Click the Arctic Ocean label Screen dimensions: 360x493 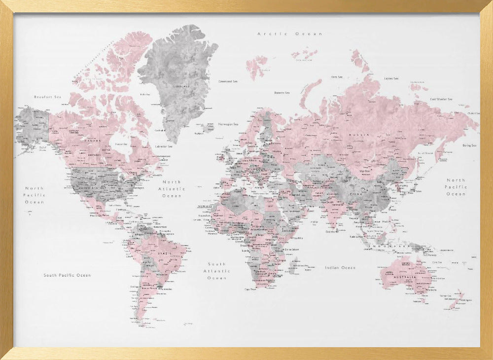[x=290, y=34]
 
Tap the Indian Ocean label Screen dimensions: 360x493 [x=340, y=267]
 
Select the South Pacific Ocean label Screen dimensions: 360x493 [x=67, y=275]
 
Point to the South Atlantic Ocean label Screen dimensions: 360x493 [x=216, y=271]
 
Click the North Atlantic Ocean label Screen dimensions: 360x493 [x=172, y=189]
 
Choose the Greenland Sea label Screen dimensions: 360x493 [x=228, y=81]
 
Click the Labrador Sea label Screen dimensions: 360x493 [x=164, y=146]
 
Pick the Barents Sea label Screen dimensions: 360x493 [x=282, y=92]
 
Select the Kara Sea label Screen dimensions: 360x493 [x=337, y=77]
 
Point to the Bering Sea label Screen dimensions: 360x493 [x=469, y=145]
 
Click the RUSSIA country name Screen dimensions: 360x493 [x=356, y=134]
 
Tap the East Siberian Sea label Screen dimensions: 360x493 [x=441, y=99]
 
